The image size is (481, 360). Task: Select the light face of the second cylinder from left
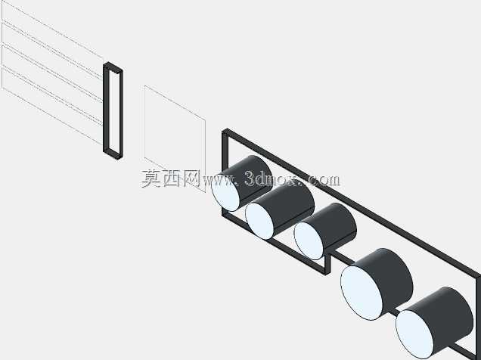259,221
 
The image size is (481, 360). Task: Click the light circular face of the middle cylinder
309,241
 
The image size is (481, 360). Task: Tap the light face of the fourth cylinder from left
362,293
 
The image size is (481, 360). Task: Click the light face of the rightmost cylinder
414,334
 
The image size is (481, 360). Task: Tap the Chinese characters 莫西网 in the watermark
171,178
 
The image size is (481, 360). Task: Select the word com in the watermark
323,180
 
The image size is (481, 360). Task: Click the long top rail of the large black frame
352,203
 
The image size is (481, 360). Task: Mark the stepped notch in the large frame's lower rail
328,261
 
